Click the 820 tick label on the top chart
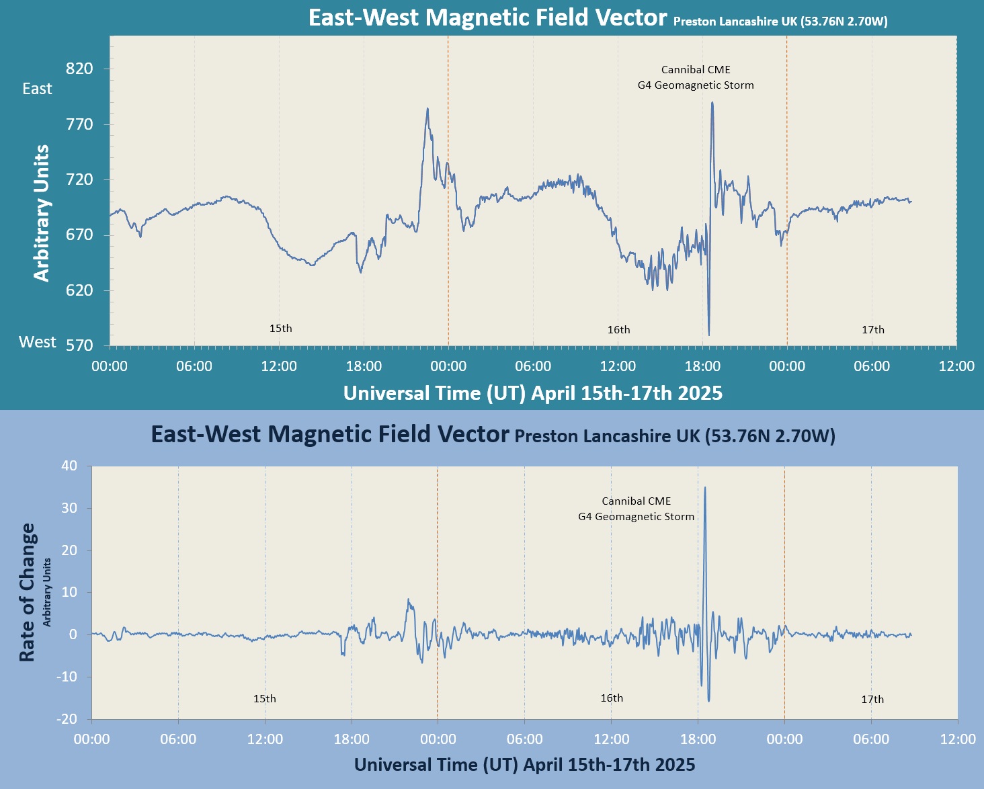pos(79,69)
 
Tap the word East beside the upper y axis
pos(37,89)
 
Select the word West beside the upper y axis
pos(38,342)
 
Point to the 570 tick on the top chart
pos(79,345)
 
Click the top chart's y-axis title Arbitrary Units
pos(42,213)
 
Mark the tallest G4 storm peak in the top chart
pos(712,103)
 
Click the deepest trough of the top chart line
pos(709,334)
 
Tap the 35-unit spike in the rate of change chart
pos(704,489)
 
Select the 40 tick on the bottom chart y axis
pos(69,466)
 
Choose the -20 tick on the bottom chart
pos(66,719)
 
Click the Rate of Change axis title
pos(27,593)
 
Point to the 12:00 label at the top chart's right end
pos(956,366)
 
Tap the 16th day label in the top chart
pos(618,329)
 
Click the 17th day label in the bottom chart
pos(872,699)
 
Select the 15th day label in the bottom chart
pos(264,698)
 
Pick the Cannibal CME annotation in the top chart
pos(696,70)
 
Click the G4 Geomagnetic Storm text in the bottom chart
pos(636,517)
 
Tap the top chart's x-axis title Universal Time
pos(532,393)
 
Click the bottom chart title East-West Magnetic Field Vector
pos(329,434)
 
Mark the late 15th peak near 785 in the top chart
pos(427,109)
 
